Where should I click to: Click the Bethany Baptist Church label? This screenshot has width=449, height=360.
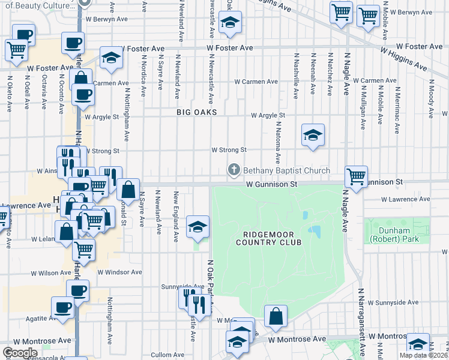(286, 171)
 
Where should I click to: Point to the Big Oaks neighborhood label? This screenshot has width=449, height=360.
(196, 112)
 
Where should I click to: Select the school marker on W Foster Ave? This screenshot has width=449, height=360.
(110, 58)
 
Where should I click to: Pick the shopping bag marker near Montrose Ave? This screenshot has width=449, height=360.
(276, 317)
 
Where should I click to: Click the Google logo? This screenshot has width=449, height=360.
(20, 353)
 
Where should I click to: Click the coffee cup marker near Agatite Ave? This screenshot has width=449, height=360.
(62, 308)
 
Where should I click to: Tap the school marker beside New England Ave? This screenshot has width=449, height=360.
(197, 227)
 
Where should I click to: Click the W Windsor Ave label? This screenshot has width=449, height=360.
(119, 272)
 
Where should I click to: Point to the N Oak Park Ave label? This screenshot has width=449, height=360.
(210, 286)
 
